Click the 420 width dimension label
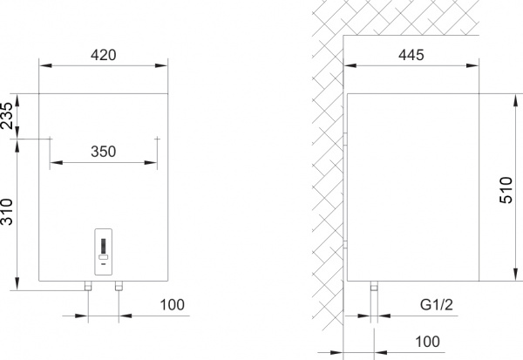click(x=103, y=54)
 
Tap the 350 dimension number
click(x=104, y=151)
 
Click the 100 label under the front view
click(x=173, y=306)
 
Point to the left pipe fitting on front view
click(x=87, y=287)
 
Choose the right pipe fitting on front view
click(x=120, y=287)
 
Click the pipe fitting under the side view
click(x=375, y=287)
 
